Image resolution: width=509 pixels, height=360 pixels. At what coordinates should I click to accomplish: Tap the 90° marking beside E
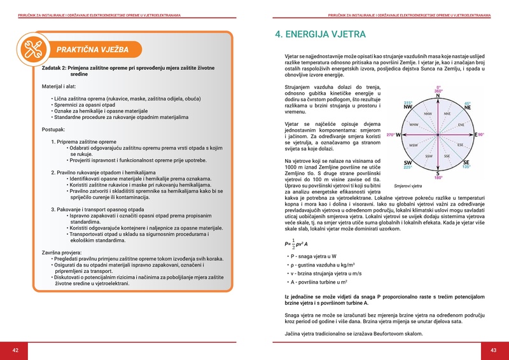tap(482, 135)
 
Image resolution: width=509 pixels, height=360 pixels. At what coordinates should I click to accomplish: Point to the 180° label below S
tap(438, 177)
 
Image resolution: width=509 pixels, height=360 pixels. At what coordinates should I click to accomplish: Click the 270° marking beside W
tap(391, 135)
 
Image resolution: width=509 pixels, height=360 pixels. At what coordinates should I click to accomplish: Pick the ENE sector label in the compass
tap(461, 125)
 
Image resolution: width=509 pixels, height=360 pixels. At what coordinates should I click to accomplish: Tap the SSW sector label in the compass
tap(429, 156)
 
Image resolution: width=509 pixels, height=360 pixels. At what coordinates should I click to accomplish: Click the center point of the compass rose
tap(438, 135)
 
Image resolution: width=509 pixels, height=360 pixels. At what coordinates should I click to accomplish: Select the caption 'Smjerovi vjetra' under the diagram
tap(408, 186)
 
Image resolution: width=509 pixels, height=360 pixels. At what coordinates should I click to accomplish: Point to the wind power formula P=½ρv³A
tap(296, 244)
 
